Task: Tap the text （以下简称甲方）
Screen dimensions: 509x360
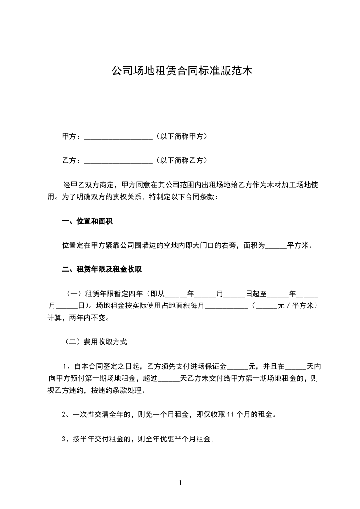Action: (181, 136)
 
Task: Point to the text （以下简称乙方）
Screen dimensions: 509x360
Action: (181, 160)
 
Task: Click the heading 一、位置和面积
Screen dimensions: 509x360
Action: (87, 221)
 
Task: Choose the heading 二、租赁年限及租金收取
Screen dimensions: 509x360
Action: (102, 269)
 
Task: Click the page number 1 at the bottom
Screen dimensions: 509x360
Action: (180, 483)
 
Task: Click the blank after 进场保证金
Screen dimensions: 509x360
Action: (237, 367)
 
